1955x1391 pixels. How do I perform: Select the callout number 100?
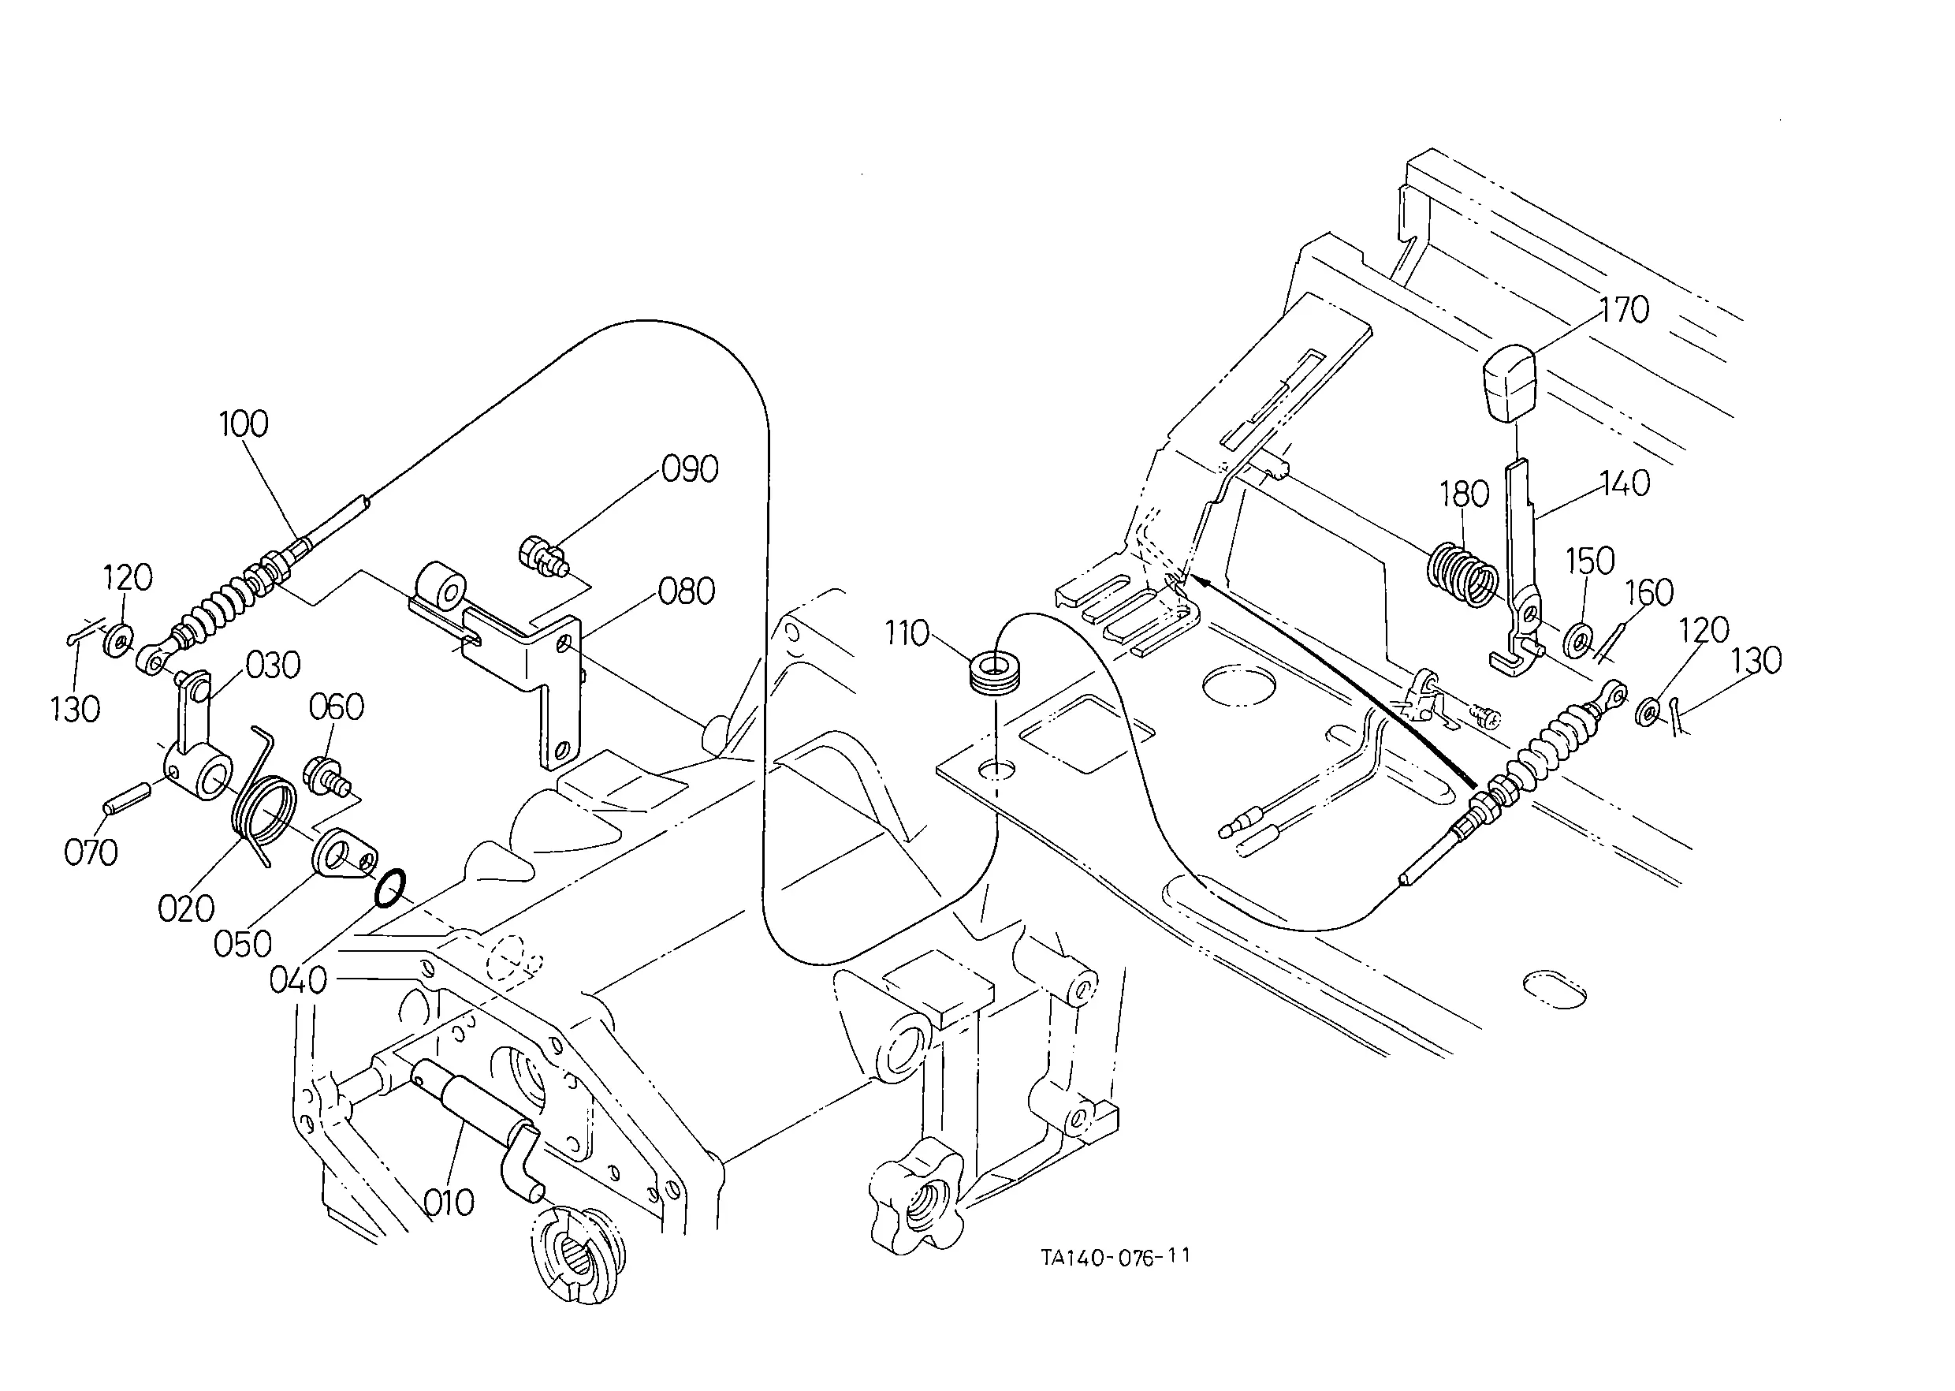point(244,424)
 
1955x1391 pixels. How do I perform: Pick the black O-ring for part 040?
point(389,887)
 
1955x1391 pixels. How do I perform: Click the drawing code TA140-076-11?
point(1115,1256)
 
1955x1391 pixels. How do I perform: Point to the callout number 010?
point(449,1203)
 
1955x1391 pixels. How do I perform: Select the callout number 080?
point(687,592)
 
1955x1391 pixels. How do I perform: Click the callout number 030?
point(274,666)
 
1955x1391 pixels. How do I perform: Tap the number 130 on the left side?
point(76,709)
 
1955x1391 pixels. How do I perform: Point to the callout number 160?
point(1649,592)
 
